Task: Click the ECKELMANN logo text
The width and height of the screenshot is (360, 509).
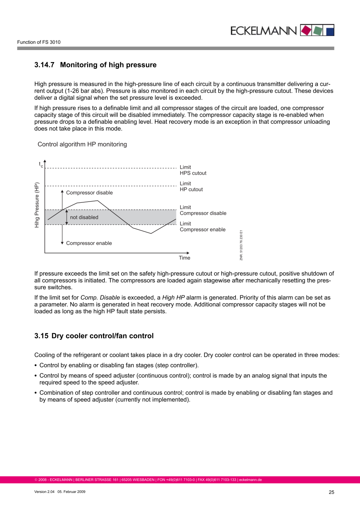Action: (x=264, y=30)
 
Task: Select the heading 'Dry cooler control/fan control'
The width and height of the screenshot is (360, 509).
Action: (x=102, y=336)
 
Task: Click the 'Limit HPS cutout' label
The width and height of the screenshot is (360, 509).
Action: (x=193, y=170)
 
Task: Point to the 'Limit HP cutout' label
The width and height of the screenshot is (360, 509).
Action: (x=191, y=187)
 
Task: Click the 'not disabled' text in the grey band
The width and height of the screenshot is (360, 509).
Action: (x=84, y=217)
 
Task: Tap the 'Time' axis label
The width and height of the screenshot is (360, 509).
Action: (x=185, y=258)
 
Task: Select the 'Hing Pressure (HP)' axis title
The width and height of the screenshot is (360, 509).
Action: (x=37, y=205)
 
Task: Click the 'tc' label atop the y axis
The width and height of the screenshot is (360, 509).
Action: (x=41, y=165)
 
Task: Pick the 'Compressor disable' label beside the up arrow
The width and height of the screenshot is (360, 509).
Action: (x=89, y=193)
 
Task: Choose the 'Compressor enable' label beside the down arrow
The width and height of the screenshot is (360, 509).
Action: (x=89, y=243)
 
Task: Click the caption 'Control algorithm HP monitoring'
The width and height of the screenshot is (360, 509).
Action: (x=82, y=144)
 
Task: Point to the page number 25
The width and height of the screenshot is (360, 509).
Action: (x=331, y=492)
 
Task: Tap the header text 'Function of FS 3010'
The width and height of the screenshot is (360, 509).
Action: (x=39, y=42)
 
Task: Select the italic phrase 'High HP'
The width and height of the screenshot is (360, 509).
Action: (x=173, y=298)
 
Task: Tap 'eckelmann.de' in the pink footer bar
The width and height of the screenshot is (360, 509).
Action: (x=250, y=480)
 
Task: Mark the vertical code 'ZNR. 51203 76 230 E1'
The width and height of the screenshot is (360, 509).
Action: (x=241, y=245)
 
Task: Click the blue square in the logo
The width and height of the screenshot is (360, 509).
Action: (x=329, y=30)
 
